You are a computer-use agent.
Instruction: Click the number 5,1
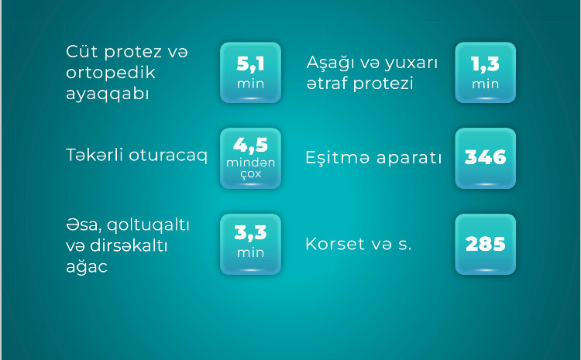coord(250,64)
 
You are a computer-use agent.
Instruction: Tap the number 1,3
coord(485,64)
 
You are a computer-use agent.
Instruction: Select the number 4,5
coord(250,146)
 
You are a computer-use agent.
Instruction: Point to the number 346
coord(485,158)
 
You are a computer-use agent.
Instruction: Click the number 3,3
coord(250,232)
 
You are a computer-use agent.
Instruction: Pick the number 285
coord(485,244)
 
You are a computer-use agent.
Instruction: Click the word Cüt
coord(82,53)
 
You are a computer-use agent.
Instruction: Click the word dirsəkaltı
coord(132,245)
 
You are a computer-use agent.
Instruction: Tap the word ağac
coord(87,266)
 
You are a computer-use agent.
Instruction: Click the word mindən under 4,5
coord(250,163)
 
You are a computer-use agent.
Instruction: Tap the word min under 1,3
coord(485,84)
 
